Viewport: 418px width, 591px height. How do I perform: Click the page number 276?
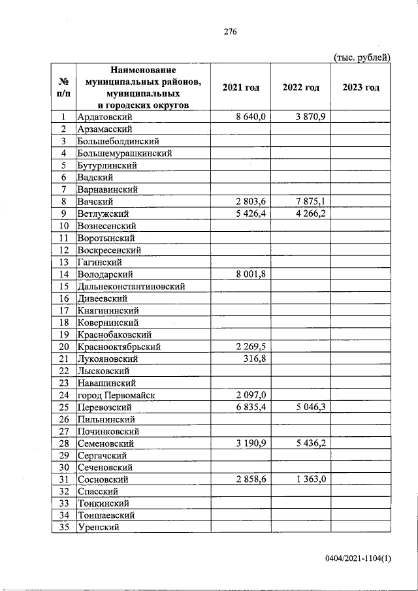[x=229, y=31]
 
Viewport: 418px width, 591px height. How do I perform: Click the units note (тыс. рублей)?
[x=362, y=57]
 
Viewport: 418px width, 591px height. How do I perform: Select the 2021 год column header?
[x=241, y=88]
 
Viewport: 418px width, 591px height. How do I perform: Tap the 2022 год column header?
[x=300, y=88]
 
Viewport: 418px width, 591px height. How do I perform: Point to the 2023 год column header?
[x=361, y=88]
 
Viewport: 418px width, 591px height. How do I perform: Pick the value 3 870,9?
[x=311, y=117]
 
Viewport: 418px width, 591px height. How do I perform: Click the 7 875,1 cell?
[x=311, y=202]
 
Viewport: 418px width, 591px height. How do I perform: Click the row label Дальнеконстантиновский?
[x=131, y=286]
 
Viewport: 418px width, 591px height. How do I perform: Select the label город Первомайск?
[x=117, y=395]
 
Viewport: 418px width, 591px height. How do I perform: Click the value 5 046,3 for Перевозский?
[x=311, y=407]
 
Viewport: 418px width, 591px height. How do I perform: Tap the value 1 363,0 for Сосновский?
[x=311, y=479]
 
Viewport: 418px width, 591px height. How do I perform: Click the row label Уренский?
[x=99, y=528]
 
